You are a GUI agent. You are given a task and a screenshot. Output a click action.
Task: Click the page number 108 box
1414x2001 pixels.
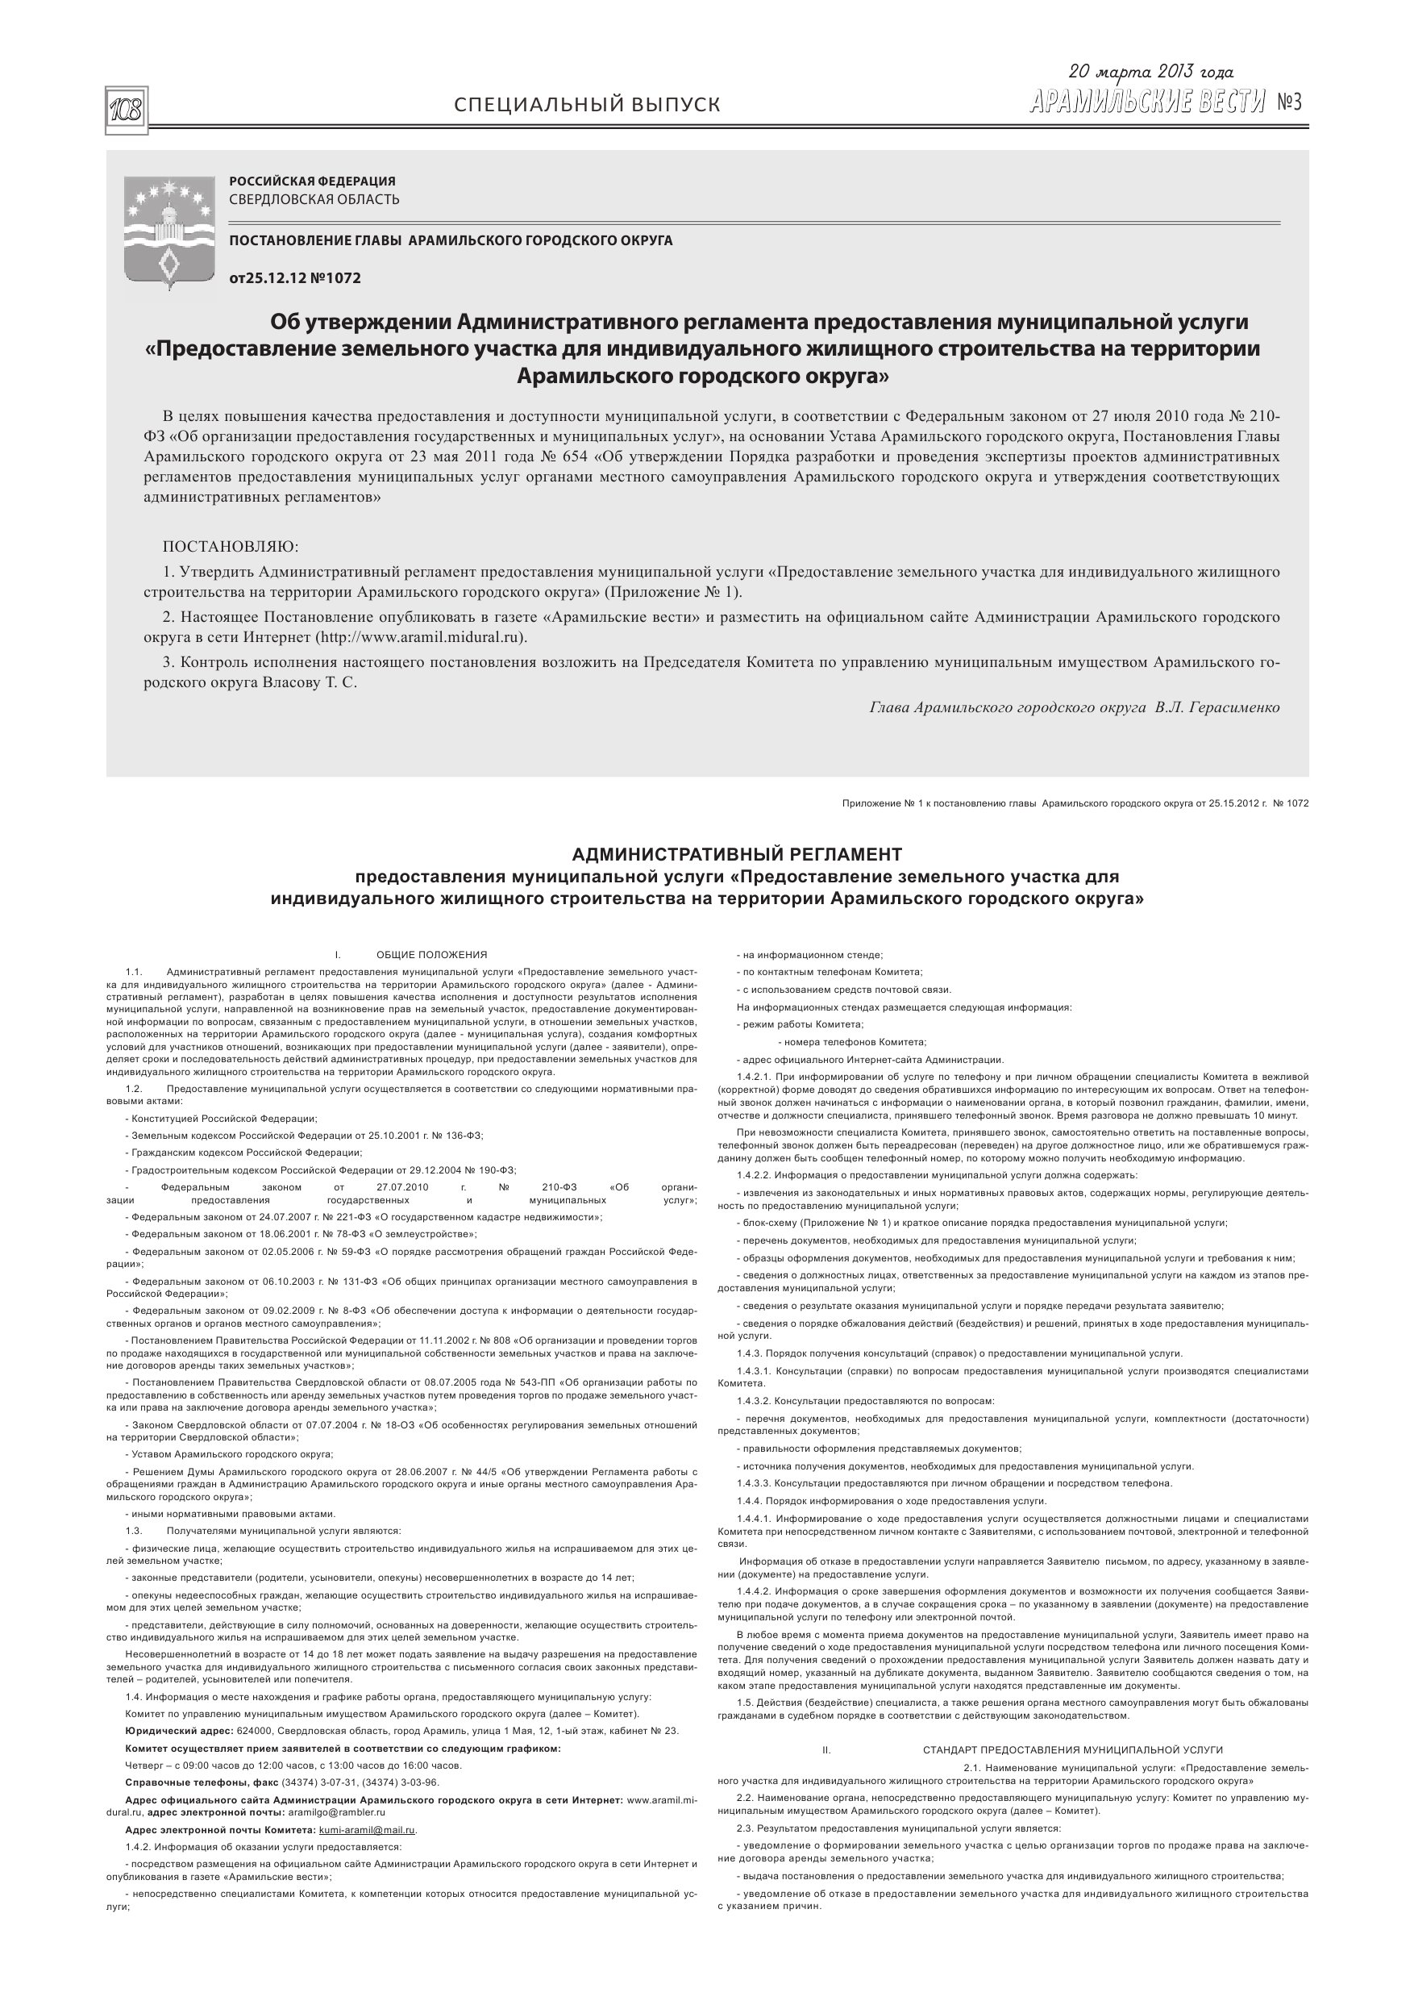[127, 110]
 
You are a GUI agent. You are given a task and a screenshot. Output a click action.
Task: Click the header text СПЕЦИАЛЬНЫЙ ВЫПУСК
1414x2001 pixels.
[587, 106]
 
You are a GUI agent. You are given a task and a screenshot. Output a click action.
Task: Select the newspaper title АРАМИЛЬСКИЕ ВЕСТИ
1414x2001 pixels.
[1146, 103]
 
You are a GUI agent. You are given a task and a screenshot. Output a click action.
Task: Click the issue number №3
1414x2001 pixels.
[1288, 103]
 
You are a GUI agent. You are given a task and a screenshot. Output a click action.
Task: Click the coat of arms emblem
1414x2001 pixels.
[170, 229]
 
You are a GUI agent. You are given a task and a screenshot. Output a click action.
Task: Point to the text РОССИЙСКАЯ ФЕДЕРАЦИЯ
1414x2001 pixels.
[312, 181]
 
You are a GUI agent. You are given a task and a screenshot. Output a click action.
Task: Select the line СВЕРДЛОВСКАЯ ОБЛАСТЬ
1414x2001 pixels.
[314, 199]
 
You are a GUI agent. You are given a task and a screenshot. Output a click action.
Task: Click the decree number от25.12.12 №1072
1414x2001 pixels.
[294, 279]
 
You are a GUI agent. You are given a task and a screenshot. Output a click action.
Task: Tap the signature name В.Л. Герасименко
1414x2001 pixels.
[1217, 707]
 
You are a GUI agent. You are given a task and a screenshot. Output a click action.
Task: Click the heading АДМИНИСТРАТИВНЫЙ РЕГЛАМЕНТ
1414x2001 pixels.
[737, 854]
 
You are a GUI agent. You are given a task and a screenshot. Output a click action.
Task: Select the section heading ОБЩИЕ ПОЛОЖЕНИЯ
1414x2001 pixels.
[431, 954]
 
